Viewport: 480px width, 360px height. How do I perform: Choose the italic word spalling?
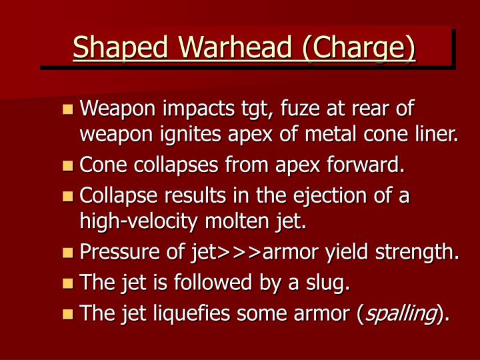click(x=399, y=313)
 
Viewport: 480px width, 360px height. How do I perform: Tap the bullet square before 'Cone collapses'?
click(x=67, y=165)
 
